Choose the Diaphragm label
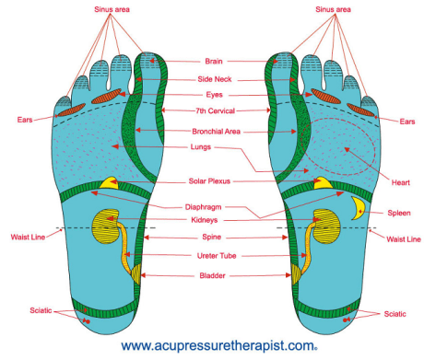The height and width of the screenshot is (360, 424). coord(214,206)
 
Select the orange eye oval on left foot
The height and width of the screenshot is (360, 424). coord(110,95)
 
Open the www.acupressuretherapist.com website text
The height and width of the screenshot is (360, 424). coord(212,345)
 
